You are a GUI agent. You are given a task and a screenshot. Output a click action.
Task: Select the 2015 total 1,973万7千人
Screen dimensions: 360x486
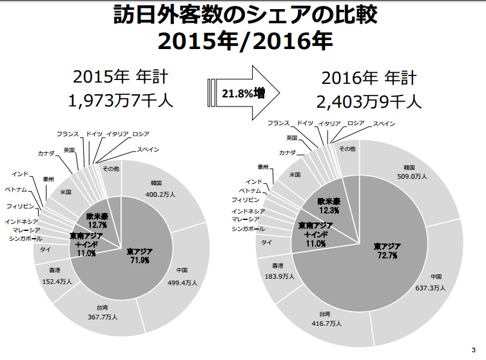point(121,101)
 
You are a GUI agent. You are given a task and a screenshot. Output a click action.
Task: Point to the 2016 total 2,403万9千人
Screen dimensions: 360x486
point(369,101)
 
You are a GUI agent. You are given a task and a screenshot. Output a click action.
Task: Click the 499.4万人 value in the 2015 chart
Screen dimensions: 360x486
point(182,283)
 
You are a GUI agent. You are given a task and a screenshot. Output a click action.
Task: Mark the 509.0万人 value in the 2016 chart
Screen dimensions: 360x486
point(412,175)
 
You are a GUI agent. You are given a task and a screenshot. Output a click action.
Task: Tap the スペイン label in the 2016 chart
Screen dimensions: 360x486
point(384,123)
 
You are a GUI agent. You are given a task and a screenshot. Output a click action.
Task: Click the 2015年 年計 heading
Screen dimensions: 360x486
point(121,78)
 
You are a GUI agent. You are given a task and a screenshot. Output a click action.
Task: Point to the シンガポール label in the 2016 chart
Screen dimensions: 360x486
point(248,229)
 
